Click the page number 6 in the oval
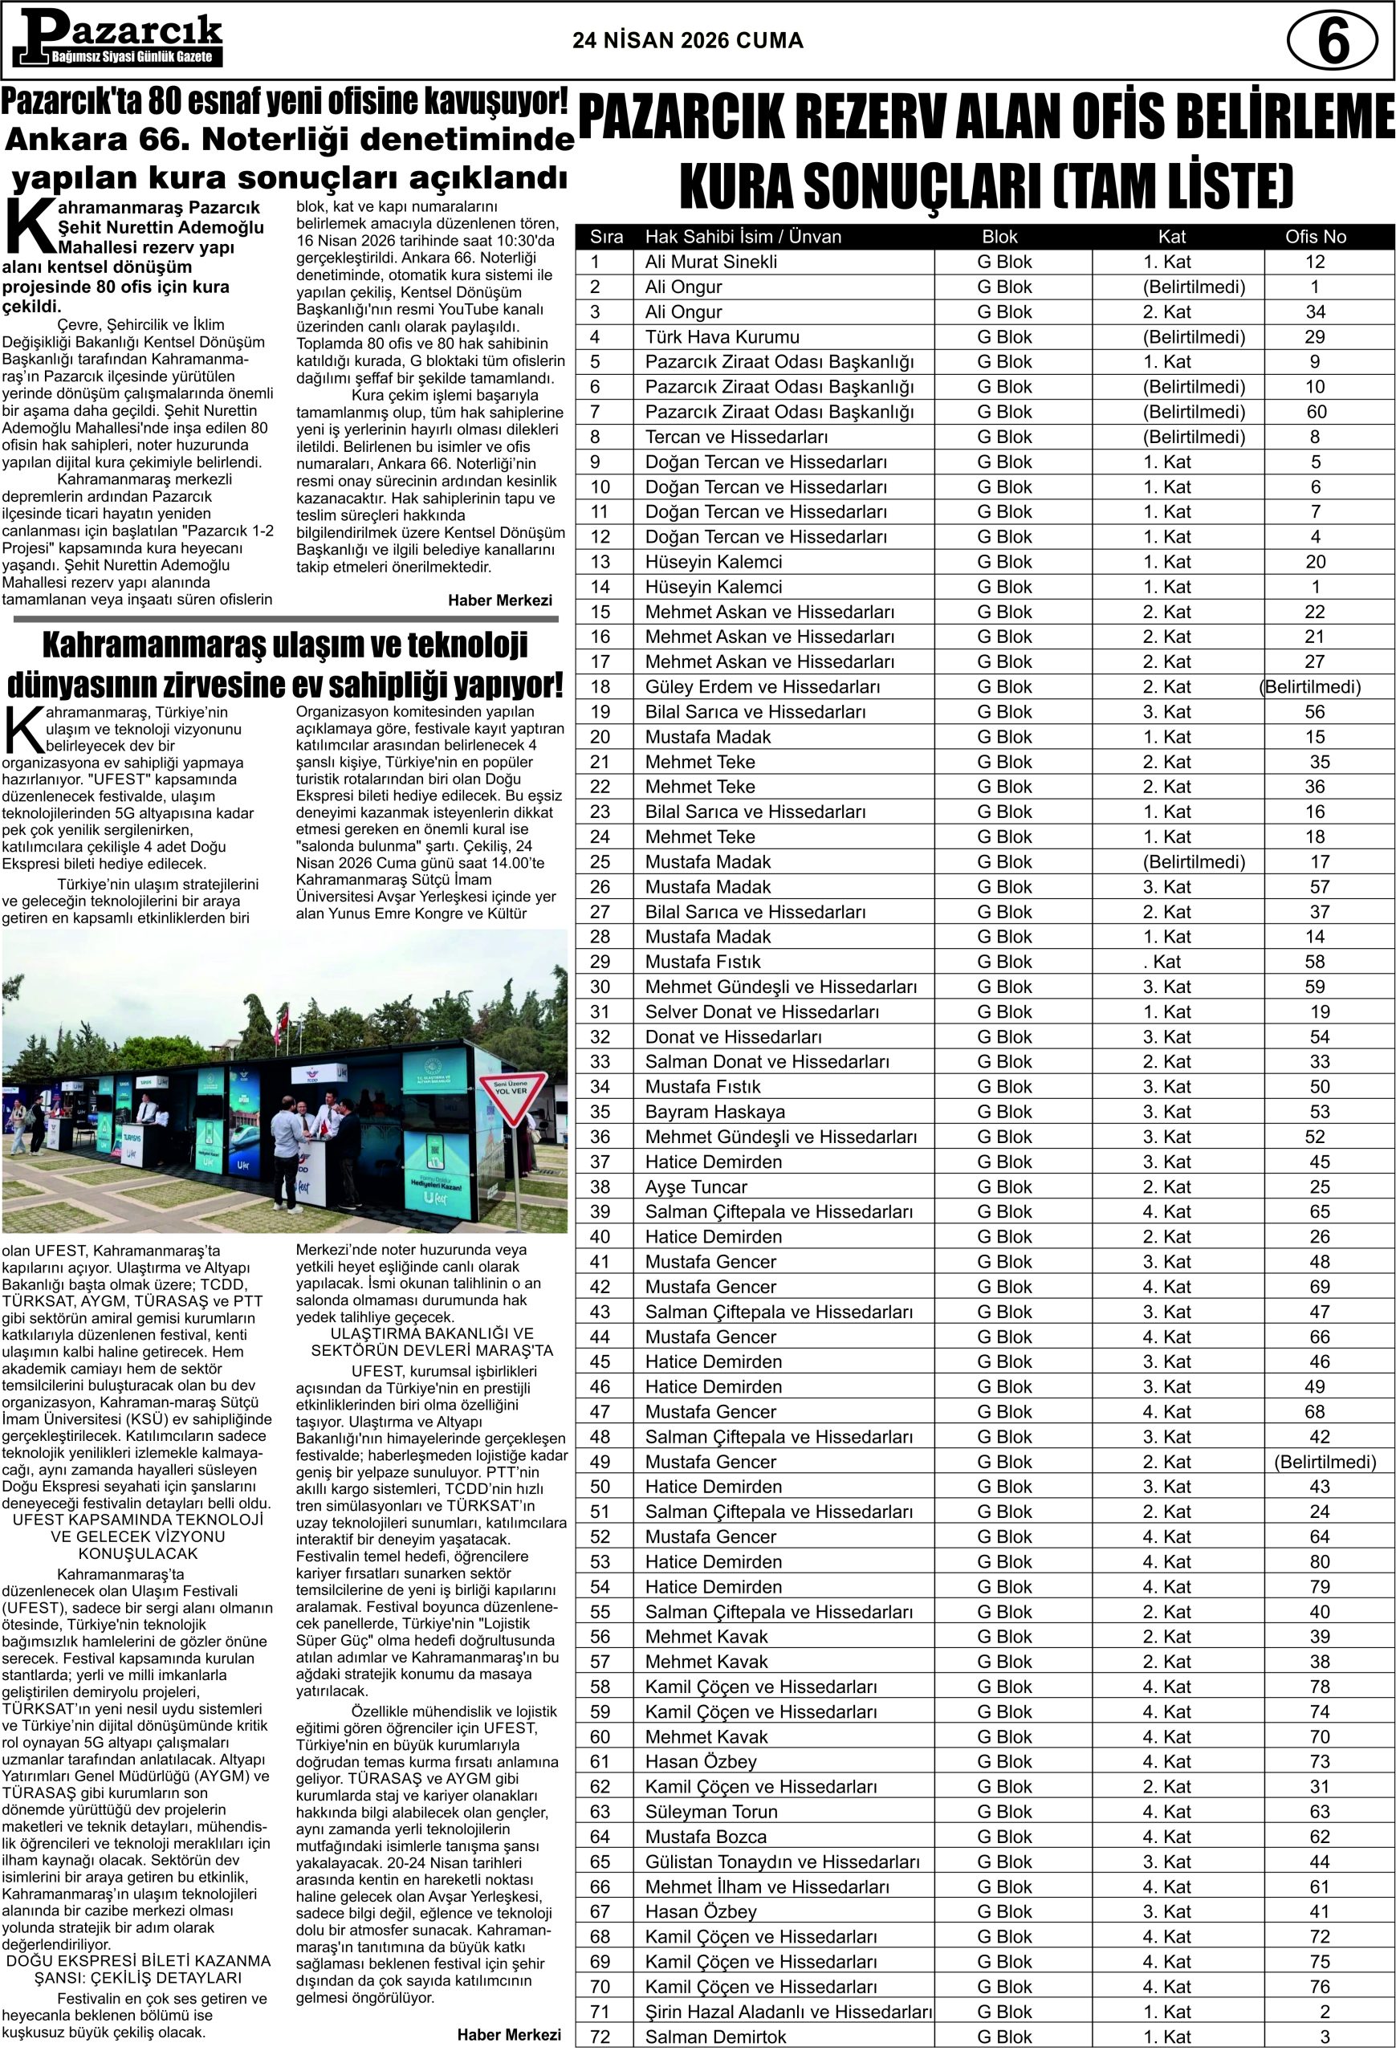coord(1332,42)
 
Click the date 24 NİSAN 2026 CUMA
coord(688,41)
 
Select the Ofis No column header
coord(1316,237)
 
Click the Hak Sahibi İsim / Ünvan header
coord(743,237)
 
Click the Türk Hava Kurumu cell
coord(722,337)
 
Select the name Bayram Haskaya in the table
coord(714,1112)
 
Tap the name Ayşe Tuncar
coord(696,1186)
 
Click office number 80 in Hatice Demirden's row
coord(1319,1561)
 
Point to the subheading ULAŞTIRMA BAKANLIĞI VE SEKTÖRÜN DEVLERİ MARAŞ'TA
coord(431,1341)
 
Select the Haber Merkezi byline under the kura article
coord(499,600)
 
